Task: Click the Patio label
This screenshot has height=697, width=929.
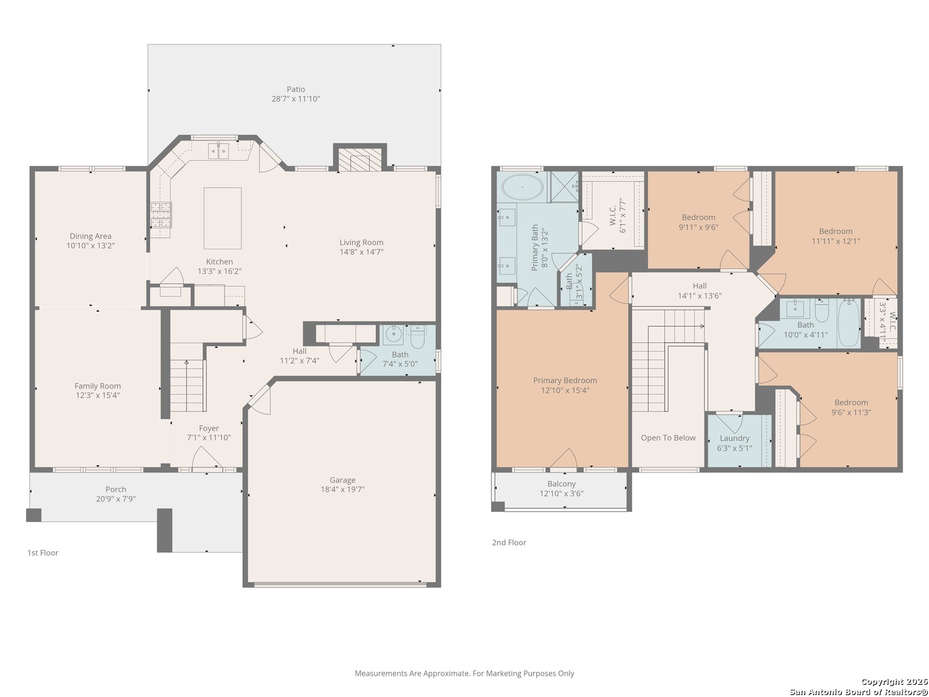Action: tap(295, 89)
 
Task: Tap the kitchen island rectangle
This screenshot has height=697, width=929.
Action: tap(222, 218)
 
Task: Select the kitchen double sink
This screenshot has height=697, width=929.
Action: tap(218, 150)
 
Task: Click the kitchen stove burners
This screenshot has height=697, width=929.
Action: tap(161, 214)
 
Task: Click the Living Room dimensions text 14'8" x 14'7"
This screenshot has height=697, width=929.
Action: tap(361, 252)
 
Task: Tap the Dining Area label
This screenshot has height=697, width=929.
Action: tap(90, 236)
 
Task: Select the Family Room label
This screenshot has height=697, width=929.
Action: tap(97, 385)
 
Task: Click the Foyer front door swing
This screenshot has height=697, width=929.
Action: tap(206, 458)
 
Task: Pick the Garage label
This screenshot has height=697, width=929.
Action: tap(343, 480)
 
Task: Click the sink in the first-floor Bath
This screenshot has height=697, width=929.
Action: tap(394, 334)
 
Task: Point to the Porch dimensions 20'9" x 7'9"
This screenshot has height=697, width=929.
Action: tap(115, 498)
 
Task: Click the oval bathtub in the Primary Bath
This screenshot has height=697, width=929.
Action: tap(523, 187)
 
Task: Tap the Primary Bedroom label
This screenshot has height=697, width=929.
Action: tap(564, 380)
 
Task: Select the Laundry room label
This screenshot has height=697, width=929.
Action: tap(734, 438)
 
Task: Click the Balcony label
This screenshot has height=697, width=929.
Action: tap(561, 483)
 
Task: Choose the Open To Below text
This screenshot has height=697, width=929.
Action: tap(668, 438)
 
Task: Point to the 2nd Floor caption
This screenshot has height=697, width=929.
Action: tap(509, 542)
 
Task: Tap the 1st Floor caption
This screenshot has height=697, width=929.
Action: tap(43, 552)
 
